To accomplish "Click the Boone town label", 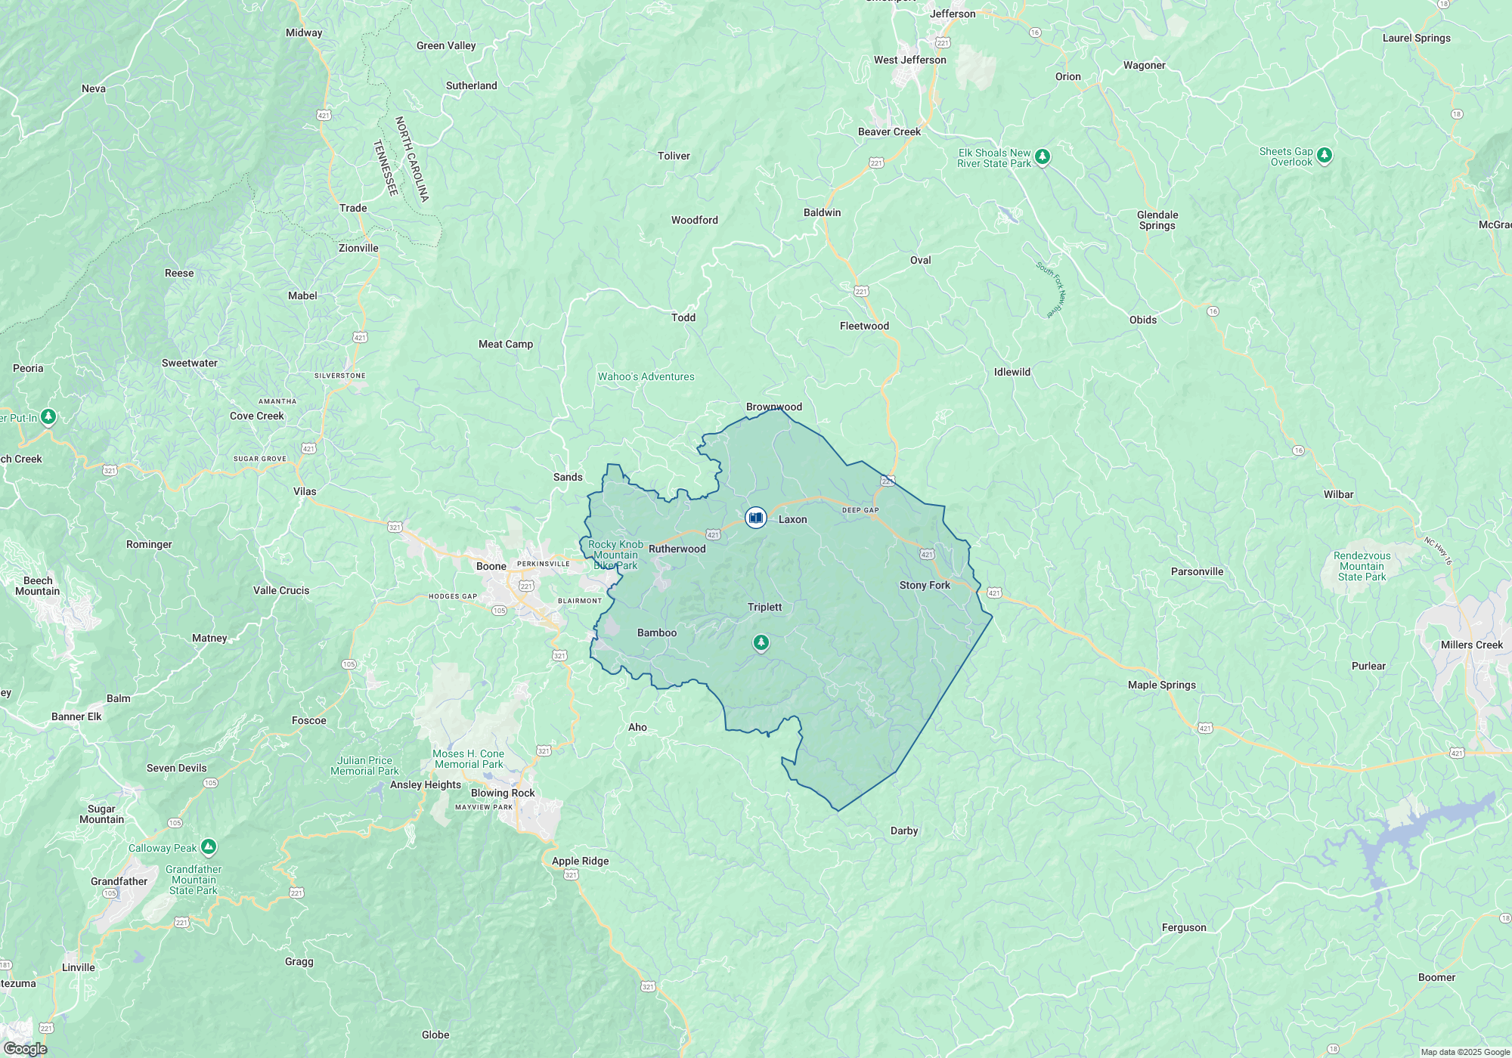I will (491, 566).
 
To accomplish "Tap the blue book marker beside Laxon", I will (755, 518).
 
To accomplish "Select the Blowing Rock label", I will (503, 793).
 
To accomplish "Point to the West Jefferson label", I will (909, 60).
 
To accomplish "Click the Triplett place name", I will (764, 607).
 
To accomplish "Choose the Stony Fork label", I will (925, 585).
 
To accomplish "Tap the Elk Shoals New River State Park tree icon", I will (1043, 156).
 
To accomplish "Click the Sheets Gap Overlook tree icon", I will (1324, 155).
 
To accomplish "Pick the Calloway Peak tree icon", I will (209, 846).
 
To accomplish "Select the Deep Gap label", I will (860, 510).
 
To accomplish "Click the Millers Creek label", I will (1471, 645).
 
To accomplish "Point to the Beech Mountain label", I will (38, 586).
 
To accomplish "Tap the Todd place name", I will (683, 317).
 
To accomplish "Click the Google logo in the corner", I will (25, 1048).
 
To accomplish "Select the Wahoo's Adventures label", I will (646, 376).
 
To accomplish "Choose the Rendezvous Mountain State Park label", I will (1362, 566).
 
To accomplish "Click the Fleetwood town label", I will (864, 326).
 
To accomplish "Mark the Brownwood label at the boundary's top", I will (773, 407).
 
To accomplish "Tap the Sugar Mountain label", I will (101, 814).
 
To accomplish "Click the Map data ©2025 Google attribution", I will (1464, 1052).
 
